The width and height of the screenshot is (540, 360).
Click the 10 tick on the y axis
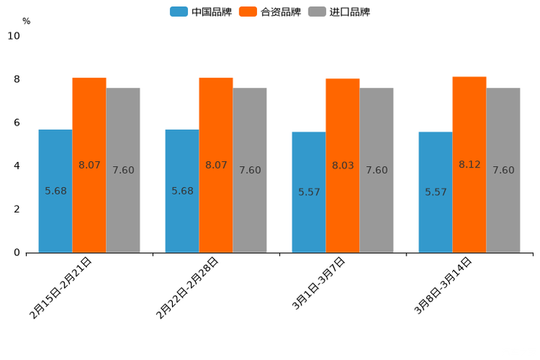pyautogui.click(x=14, y=36)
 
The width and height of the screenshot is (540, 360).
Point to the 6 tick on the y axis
pyautogui.click(x=17, y=123)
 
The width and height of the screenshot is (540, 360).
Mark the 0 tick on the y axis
pyautogui.click(x=17, y=253)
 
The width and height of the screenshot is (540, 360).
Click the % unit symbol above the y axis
pyautogui.click(x=26, y=22)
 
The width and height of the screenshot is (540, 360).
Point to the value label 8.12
pyautogui.click(x=470, y=165)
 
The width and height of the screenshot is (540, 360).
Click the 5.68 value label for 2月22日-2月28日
pyautogui.click(x=182, y=191)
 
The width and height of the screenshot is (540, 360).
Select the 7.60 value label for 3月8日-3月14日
pyautogui.click(x=503, y=171)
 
